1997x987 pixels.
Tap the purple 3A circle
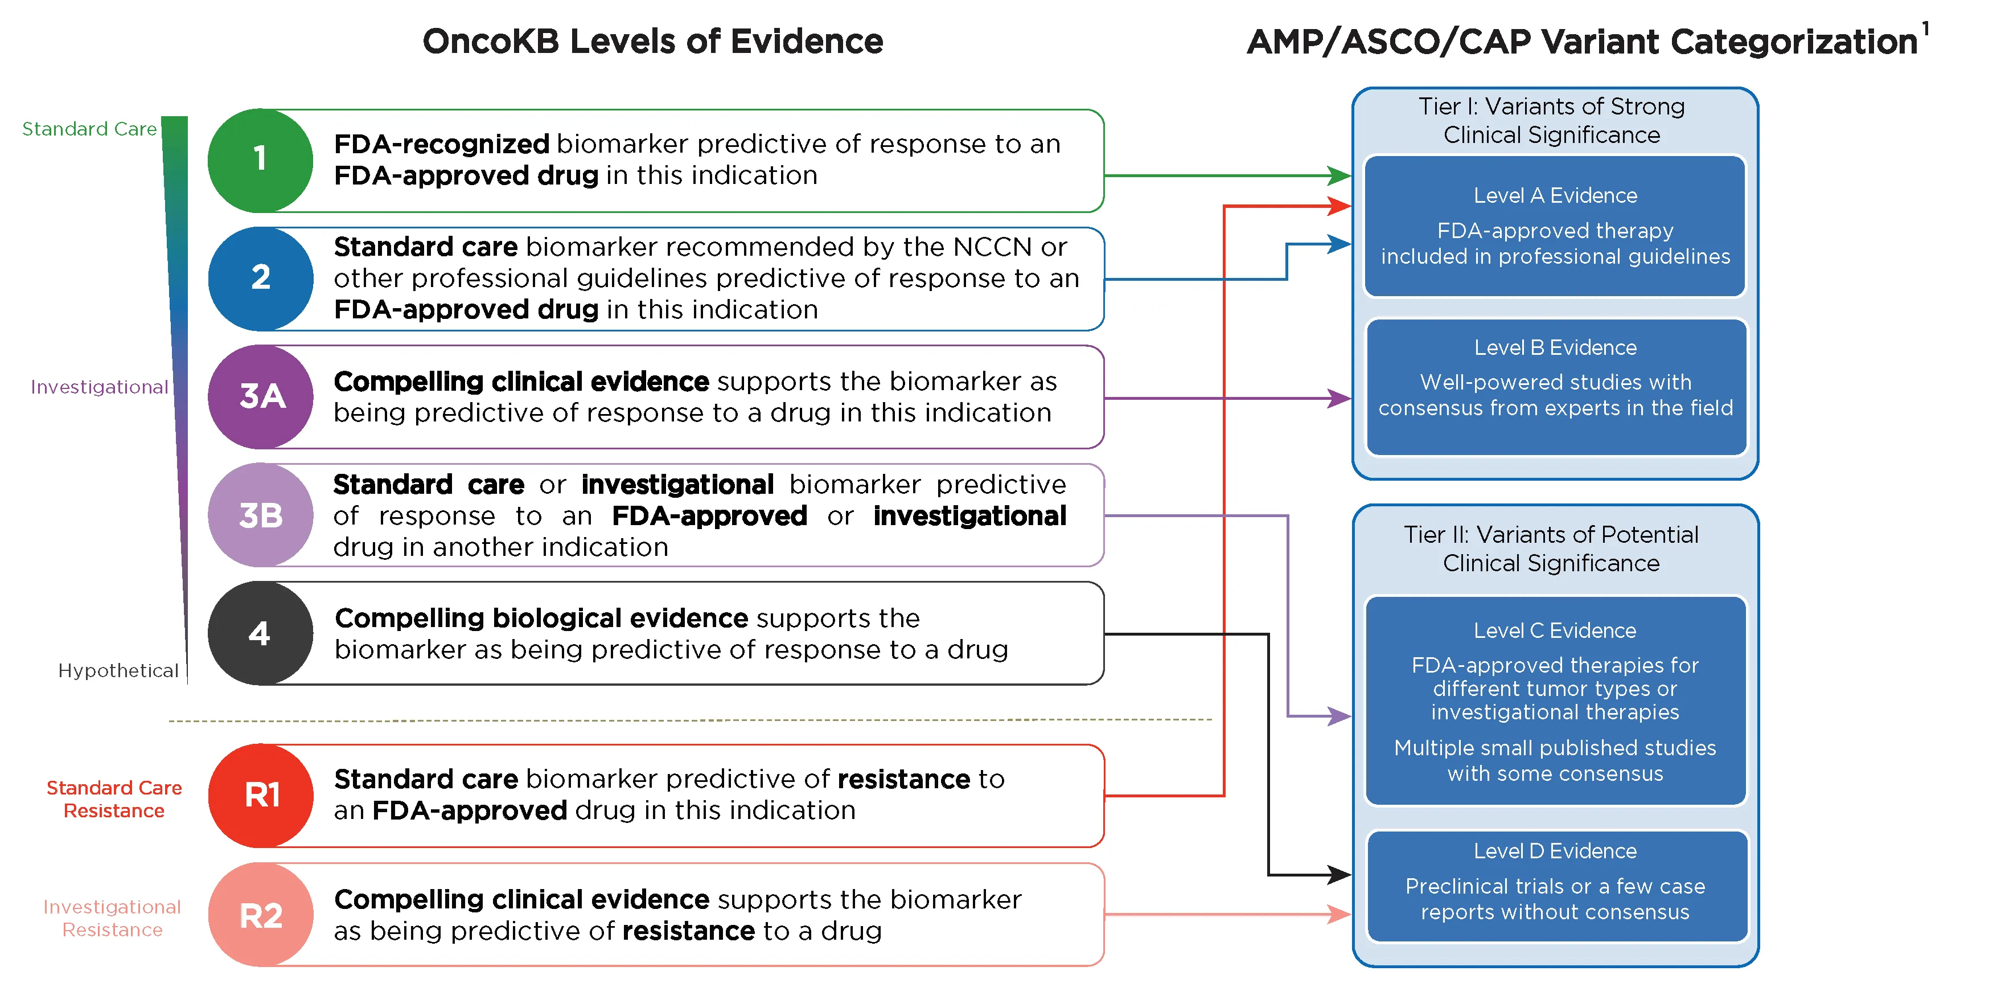261,396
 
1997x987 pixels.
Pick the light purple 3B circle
261,515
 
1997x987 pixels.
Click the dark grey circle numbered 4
261,633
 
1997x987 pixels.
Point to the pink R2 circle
261,915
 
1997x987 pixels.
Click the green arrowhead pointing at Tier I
1339,176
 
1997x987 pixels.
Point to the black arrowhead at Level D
1339,875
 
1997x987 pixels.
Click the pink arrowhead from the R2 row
1339,915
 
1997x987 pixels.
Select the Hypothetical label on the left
118,671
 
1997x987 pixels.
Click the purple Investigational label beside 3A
99,387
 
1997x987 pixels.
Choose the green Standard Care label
89,129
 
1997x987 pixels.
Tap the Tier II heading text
1551,548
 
